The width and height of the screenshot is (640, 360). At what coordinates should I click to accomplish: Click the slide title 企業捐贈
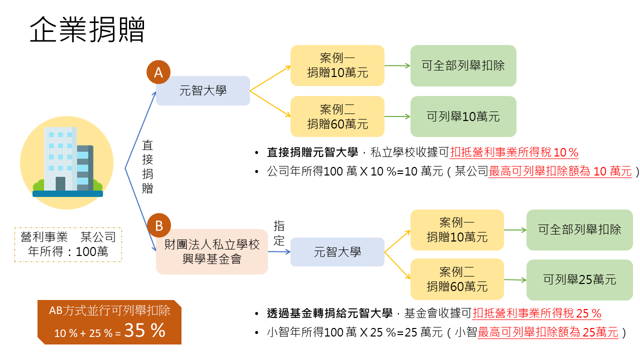coord(87,29)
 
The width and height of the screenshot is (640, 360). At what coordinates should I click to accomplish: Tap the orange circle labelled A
coord(158,72)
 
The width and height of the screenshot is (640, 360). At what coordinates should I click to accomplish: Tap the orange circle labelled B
coord(159,225)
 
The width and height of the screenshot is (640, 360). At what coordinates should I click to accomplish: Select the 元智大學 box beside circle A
coord(203,90)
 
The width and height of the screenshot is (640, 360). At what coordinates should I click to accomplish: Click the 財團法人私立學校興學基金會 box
coord(212,251)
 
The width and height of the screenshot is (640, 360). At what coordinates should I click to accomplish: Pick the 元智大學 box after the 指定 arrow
coord(337,252)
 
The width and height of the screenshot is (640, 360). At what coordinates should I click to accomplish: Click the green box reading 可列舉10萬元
coord(463,116)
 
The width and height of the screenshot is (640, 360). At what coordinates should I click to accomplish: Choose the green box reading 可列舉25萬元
coord(579,279)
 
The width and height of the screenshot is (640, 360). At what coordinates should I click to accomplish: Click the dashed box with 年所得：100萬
coord(68,244)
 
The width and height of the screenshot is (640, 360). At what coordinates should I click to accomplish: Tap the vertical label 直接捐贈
coord(147,167)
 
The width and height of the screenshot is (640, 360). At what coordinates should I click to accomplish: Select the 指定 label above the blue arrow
coord(279,233)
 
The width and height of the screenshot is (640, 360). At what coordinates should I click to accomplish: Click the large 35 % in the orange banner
coord(145,330)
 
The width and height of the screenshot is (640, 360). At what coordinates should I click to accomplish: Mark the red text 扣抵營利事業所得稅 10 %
coord(514,152)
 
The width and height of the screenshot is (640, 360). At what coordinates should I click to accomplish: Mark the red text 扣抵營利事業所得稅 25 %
coord(537,313)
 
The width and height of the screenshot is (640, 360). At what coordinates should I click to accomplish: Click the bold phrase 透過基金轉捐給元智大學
coord(329,313)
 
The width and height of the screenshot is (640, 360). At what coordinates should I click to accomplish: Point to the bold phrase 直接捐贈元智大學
coord(312,152)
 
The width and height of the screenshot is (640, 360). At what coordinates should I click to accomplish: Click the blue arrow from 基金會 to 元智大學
coord(279,251)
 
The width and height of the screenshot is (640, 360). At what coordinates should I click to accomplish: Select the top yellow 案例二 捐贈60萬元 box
coord(337,116)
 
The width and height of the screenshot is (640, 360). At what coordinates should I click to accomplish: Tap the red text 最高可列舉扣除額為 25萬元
coord(548,332)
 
